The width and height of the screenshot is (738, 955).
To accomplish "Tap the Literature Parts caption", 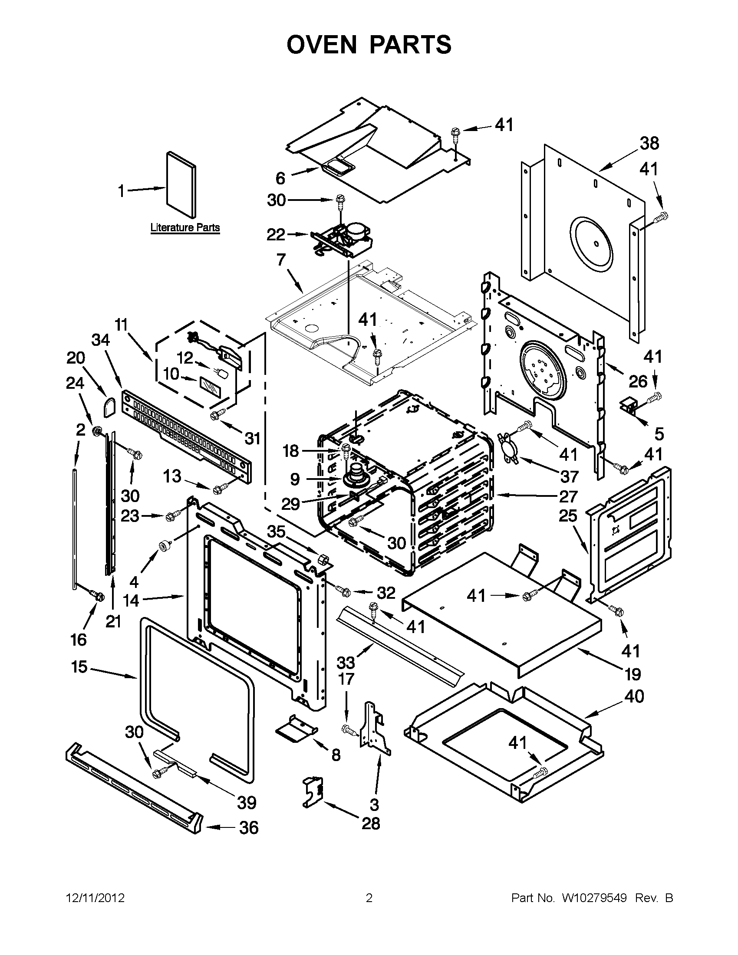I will [184, 228].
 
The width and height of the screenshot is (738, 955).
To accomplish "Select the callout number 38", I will [649, 144].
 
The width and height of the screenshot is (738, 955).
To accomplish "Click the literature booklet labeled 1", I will [181, 184].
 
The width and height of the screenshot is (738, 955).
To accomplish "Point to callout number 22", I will [276, 235].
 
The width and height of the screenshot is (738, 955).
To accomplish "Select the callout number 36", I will [248, 827].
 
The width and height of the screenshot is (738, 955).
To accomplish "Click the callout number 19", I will [633, 674].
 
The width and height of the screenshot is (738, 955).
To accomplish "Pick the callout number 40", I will [634, 696].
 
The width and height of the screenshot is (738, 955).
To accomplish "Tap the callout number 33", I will [346, 663].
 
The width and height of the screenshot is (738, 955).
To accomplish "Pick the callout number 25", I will [568, 516].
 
